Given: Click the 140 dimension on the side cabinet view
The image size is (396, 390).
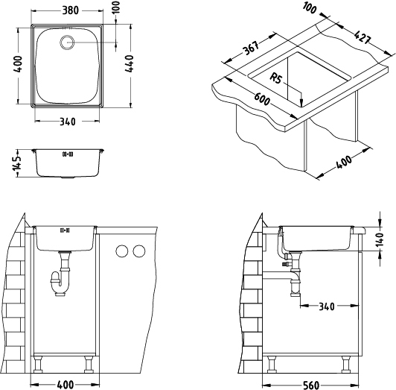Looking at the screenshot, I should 380,240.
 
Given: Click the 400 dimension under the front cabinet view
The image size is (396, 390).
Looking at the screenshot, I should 65,383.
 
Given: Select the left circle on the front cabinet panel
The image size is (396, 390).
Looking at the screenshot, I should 120,251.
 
